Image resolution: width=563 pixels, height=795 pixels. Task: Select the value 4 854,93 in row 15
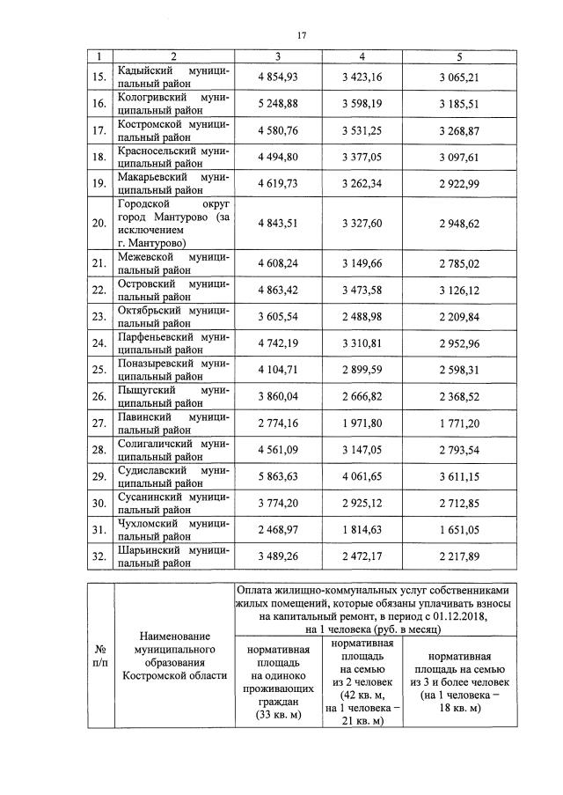[x=278, y=77]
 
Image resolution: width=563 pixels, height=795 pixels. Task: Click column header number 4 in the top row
[x=362, y=57]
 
